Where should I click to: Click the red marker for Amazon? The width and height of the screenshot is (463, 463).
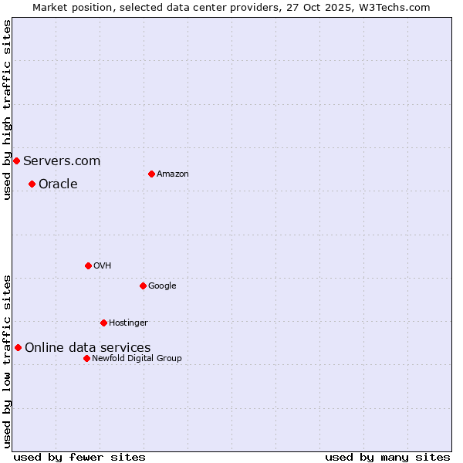pyautogui.click(x=151, y=174)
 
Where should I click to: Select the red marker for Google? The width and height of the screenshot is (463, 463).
pyautogui.click(x=143, y=286)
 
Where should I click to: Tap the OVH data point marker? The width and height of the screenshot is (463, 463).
pyautogui.click(x=88, y=265)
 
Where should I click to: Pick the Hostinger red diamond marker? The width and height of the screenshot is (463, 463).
pyautogui.click(x=103, y=323)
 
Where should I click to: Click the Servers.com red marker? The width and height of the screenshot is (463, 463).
pyautogui.click(x=16, y=161)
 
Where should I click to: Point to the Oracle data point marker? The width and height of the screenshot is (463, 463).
pyautogui.click(x=32, y=184)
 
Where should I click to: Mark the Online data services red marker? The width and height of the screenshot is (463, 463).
pyautogui.click(x=18, y=347)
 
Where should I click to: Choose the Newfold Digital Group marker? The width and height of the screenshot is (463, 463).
pyautogui.click(x=86, y=358)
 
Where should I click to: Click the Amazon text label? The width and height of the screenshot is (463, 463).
pyautogui.click(x=173, y=174)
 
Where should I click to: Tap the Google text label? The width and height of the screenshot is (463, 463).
pyautogui.click(x=162, y=286)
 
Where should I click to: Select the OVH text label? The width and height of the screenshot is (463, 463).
pyautogui.click(x=103, y=266)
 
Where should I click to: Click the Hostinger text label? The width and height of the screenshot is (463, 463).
pyautogui.click(x=128, y=323)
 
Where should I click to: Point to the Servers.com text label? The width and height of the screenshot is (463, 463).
pyautogui.click(x=62, y=161)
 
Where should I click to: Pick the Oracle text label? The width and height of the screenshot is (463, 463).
pyautogui.click(x=58, y=184)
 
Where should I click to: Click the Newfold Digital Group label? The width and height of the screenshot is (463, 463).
pyautogui.click(x=137, y=359)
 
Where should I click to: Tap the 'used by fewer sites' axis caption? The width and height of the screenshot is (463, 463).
pyautogui.click(x=79, y=457)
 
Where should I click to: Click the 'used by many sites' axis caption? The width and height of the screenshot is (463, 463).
pyautogui.click(x=387, y=457)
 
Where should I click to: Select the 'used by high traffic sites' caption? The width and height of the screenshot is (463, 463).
pyautogui.click(x=7, y=110)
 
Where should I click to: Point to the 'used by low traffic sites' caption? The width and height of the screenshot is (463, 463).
pyautogui.click(x=7, y=360)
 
